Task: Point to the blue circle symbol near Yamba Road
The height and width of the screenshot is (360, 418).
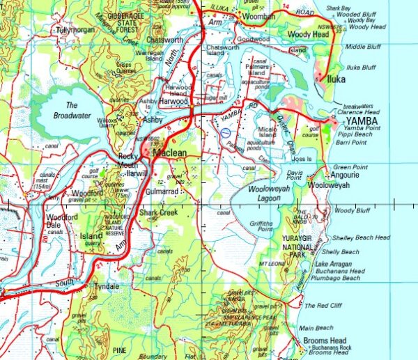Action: coord(224,130)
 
